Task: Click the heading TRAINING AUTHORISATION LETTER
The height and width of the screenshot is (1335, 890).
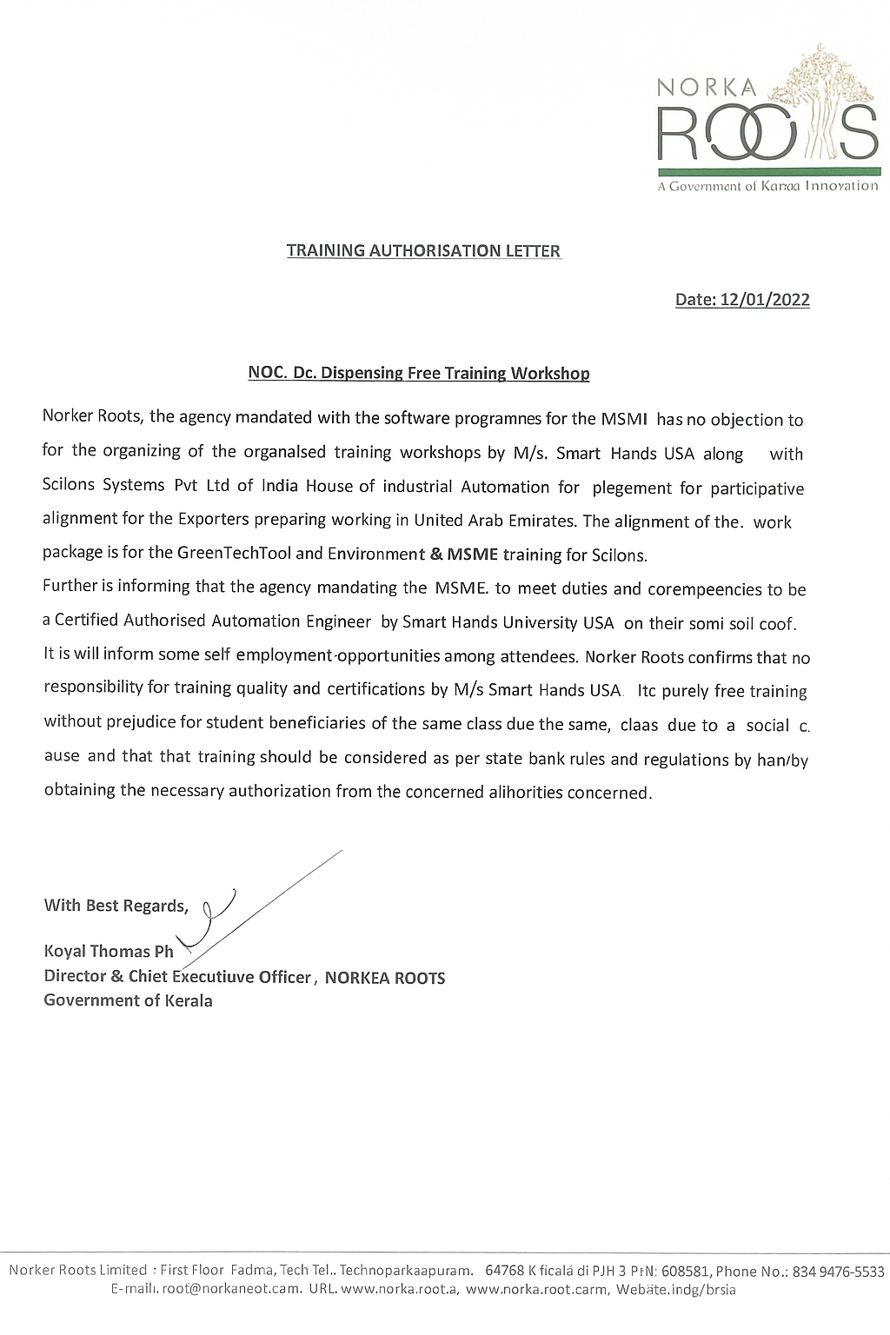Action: [424, 251]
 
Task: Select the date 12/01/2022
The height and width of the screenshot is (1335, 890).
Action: [764, 300]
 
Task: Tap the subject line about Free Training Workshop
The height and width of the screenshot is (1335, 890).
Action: [419, 374]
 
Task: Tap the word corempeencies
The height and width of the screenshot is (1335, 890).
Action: [707, 589]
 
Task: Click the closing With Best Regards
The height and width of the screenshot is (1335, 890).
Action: [116, 906]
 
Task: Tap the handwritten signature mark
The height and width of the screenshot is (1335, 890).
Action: [217, 913]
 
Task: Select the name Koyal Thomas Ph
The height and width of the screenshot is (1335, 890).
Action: [109, 952]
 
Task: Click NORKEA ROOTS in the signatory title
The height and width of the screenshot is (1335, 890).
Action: [384, 978]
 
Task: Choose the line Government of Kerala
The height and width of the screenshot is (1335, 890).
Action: [128, 1000]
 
